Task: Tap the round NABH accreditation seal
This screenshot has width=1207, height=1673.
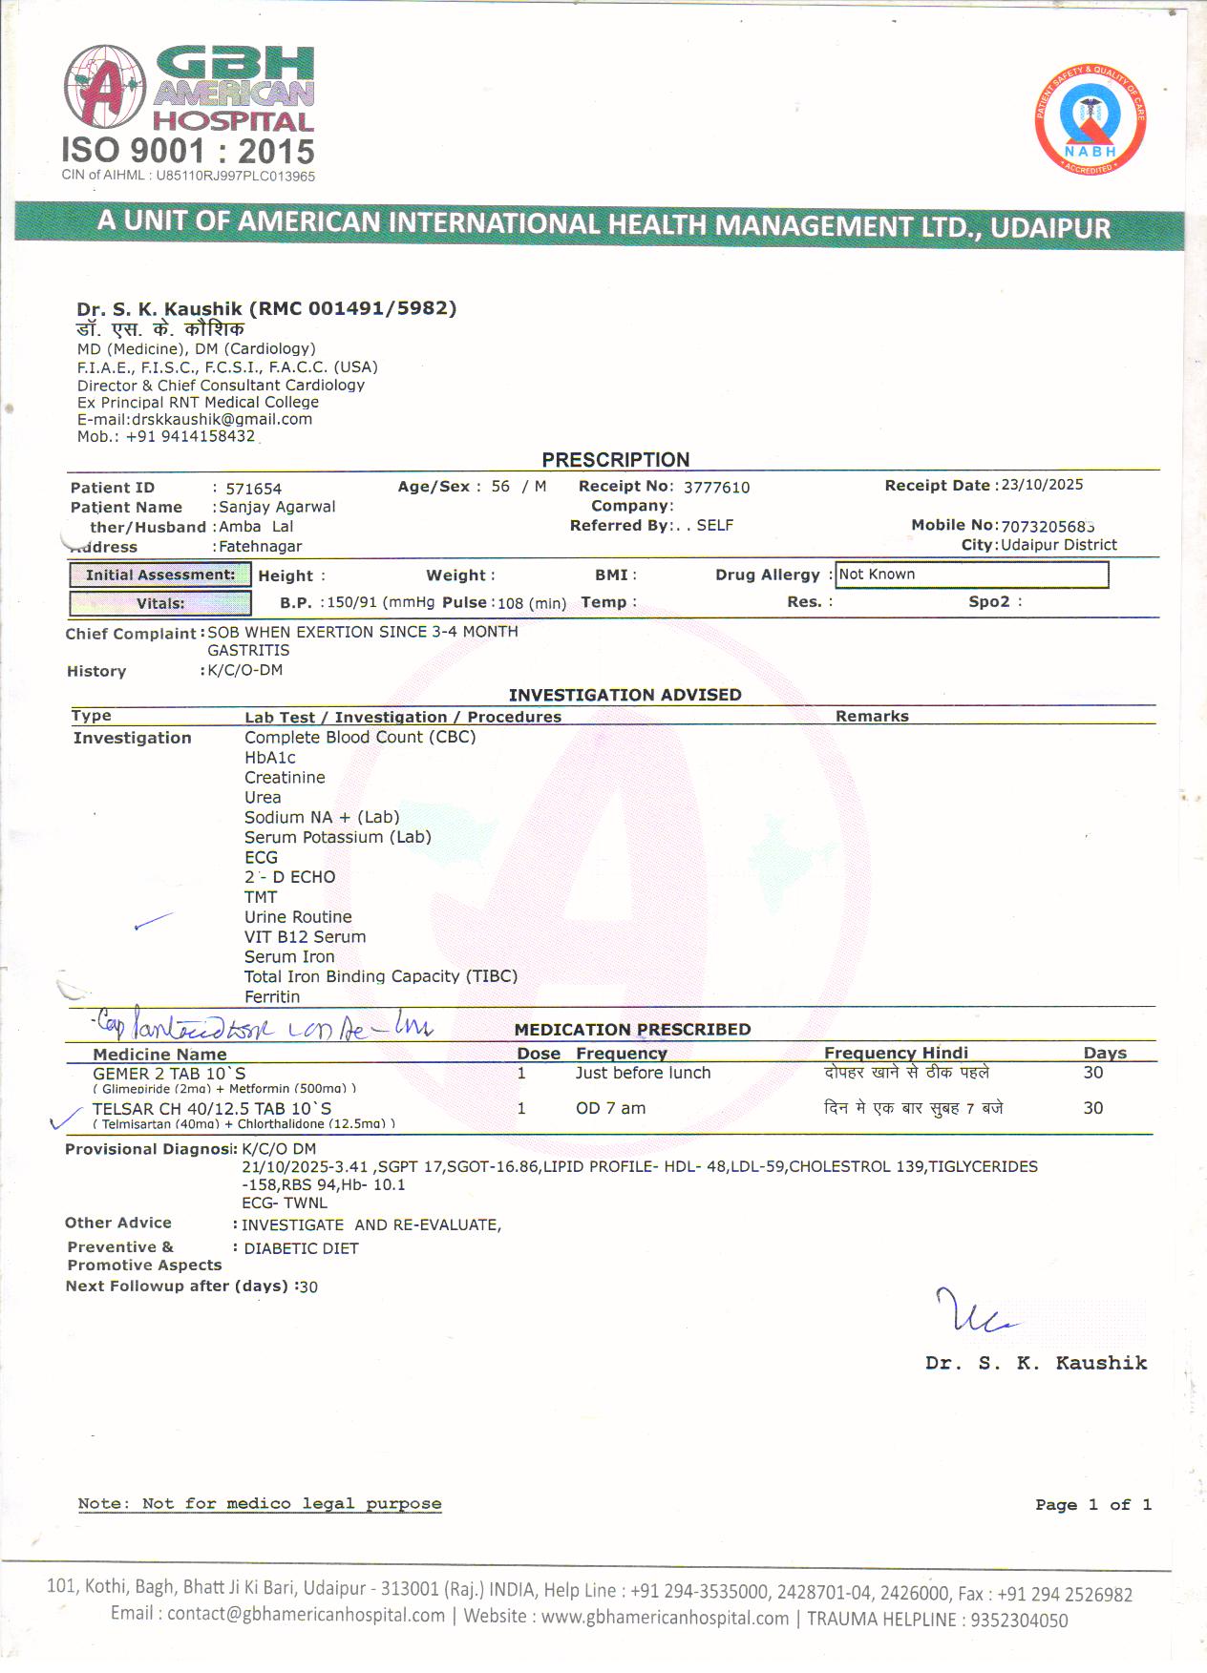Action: (1090, 121)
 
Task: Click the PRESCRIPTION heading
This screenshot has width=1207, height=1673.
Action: (615, 460)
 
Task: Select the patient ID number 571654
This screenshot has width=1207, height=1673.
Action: (253, 489)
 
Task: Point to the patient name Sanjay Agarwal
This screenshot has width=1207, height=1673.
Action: (277, 507)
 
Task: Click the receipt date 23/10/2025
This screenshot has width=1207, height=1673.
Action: (1041, 485)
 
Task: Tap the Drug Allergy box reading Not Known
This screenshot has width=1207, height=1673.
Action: (971, 575)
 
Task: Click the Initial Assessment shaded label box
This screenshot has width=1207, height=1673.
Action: (159, 575)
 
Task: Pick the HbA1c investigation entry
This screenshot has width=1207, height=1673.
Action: (270, 758)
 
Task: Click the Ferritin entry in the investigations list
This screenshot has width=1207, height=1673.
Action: (272, 997)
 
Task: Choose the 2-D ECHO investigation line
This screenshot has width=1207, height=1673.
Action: (289, 877)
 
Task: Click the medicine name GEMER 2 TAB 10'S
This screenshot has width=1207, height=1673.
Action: (169, 1074)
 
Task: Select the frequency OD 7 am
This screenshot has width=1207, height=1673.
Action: (610, 1109)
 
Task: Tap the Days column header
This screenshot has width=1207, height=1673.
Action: (1105, 1054)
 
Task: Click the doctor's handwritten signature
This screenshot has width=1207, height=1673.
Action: (974, 1312)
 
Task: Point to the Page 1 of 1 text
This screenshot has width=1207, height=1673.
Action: (1092, 1505)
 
